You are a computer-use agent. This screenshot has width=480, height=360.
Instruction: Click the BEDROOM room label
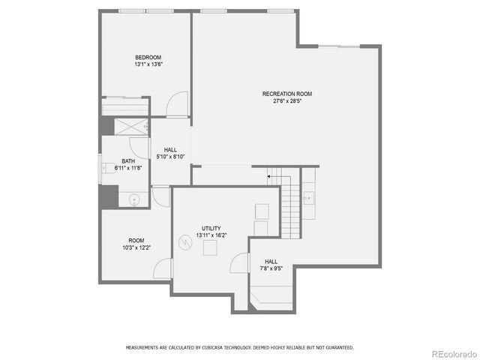tap(148, 57)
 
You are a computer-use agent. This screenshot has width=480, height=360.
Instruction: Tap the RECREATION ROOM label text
tap(286, 94)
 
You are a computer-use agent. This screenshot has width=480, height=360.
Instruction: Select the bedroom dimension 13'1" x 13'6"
tap(148, 64)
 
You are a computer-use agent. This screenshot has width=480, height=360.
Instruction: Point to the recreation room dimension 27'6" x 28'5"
tap(286, 101)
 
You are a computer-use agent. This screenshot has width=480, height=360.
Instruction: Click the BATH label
tap(128, 161)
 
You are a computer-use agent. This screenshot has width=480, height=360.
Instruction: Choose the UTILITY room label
tap(211, 228)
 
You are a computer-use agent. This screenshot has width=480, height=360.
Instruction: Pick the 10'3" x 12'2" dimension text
tap(136, 247)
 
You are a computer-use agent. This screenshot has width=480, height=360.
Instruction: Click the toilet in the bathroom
tap(106, 169)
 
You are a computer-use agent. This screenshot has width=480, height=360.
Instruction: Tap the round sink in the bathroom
tap(134, 199)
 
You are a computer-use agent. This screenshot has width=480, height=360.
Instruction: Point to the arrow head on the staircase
tap(268, 177)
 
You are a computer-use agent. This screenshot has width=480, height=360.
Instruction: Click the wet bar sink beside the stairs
tap(309, 198)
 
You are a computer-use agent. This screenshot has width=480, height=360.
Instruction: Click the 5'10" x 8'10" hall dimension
tap(170, 157)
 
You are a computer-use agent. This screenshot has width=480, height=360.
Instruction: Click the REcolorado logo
tap(451, 352)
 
